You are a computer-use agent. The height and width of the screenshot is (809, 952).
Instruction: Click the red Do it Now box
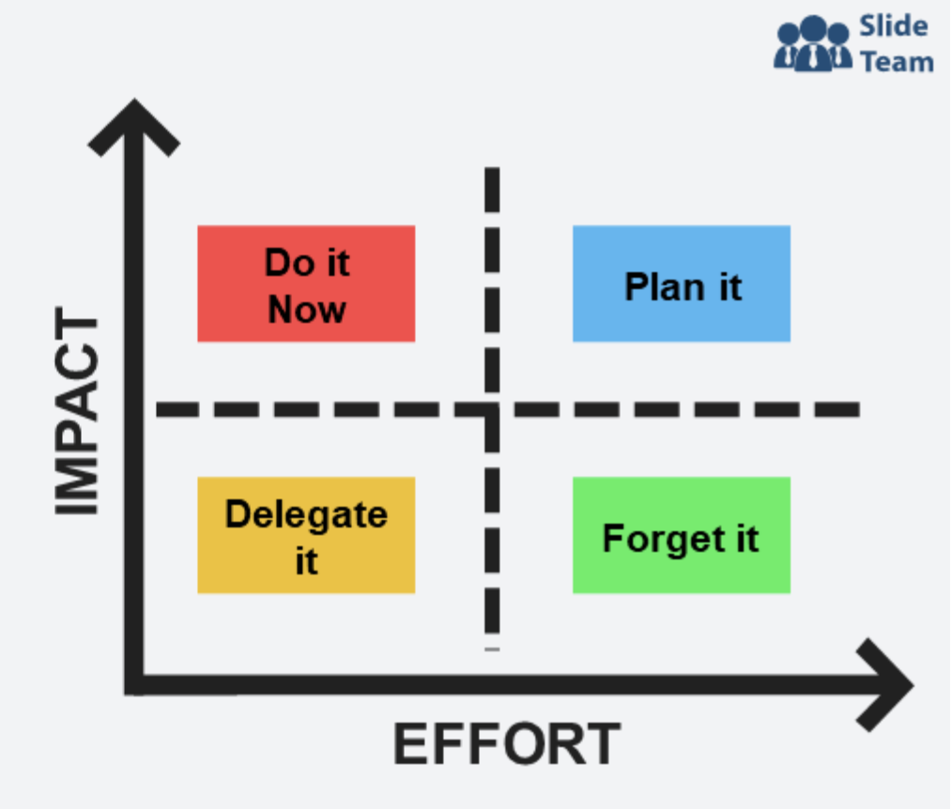306,283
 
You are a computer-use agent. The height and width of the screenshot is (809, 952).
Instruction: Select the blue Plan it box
682,283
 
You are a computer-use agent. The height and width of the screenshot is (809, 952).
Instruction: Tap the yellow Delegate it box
306,535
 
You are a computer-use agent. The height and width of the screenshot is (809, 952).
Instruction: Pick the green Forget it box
682,535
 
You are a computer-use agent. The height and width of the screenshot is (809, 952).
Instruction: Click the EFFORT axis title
507,745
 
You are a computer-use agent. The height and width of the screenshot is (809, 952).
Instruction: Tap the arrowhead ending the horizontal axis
886,685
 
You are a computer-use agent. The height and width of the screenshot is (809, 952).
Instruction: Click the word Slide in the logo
893,25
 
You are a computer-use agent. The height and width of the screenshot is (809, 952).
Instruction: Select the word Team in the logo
897,62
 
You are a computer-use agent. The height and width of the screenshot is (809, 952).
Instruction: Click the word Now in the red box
307,309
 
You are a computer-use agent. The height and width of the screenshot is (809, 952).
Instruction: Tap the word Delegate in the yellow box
306,514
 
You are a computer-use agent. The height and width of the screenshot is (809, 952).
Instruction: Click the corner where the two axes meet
134,685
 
